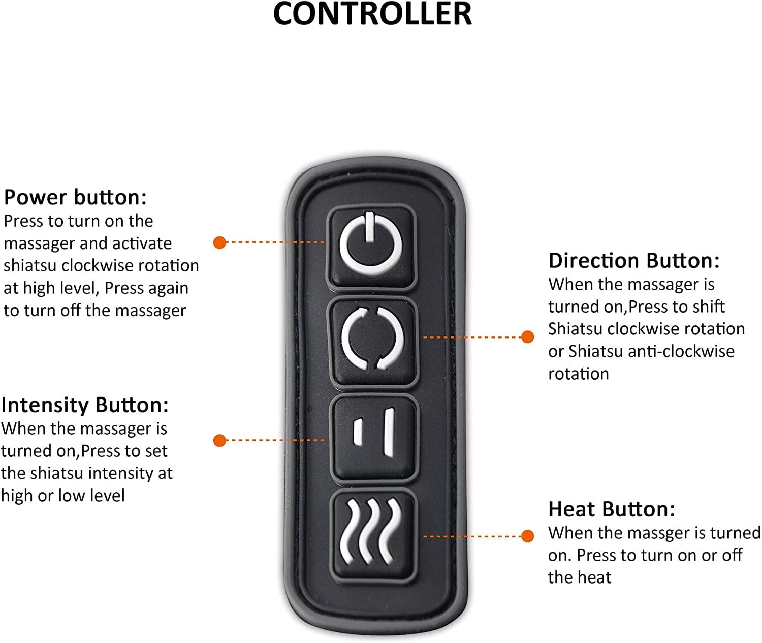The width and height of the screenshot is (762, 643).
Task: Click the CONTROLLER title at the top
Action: tap(372, 13)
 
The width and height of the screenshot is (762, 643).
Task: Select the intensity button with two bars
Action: tap(373, 438)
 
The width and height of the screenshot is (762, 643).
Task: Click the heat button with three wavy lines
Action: tap(373, 535)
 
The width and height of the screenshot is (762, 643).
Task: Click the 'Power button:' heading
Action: tap(75, 198)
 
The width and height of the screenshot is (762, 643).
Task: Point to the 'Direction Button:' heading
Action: tap(633, 261)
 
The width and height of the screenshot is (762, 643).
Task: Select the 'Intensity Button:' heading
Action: tap(85, 405)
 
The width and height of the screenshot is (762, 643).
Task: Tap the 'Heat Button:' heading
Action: tap(612, 509)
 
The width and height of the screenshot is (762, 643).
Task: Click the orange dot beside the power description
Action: tap(219, 242)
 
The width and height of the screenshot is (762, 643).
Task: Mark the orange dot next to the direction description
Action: tap(527, 336)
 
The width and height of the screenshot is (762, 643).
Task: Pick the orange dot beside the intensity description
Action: tap(219, 440)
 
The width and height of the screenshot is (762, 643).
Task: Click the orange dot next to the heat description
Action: tap(527, 536)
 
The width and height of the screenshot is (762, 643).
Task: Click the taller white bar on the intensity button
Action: tap(389, 433)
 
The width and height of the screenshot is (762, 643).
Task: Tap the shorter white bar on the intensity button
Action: tap(358, 432)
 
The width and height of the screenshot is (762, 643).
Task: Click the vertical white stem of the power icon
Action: tap(370, 227)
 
